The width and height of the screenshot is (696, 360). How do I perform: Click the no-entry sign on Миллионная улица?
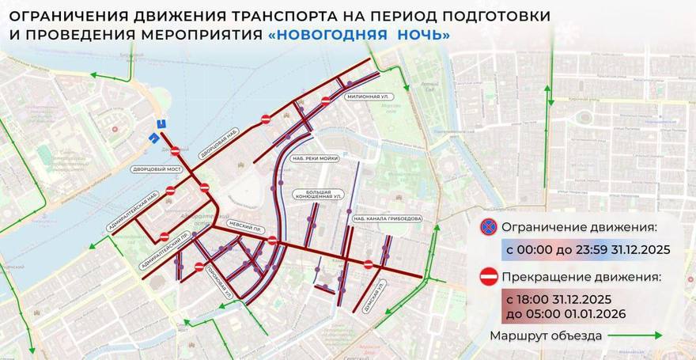[x=326, y=100]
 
